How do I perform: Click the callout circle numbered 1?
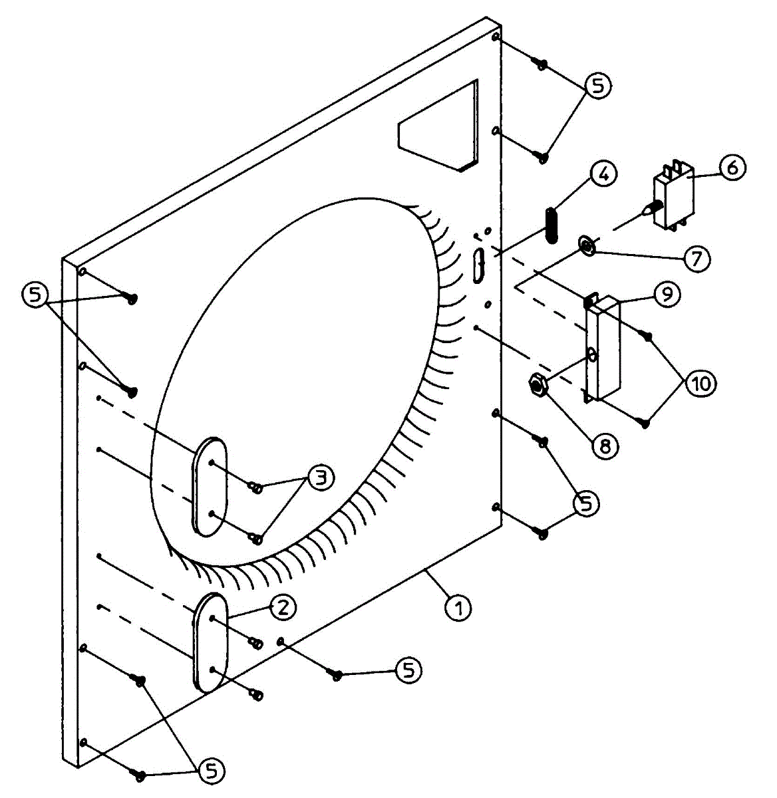click(458, 607)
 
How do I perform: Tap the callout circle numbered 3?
click(321, 478)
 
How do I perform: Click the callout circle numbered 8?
click(605, 445)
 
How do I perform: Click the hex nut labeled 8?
click(538, 384)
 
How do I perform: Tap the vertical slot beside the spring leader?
click(479, 265)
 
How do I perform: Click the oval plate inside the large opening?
click(211, 485)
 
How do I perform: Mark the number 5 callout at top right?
click(597, 86)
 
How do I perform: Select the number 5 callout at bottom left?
click(211, 770)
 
